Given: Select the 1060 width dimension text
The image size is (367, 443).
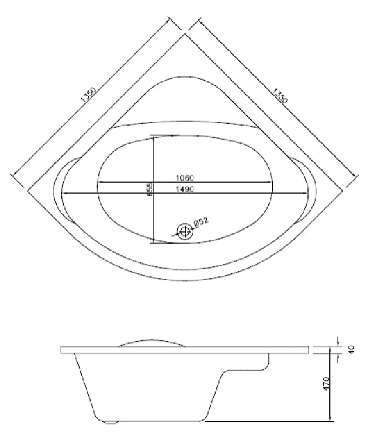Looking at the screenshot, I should [x=185, y=178].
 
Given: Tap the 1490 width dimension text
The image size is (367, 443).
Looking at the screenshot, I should [x=185, y=189].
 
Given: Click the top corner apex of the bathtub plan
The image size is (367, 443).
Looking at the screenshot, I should [x=185, y=34].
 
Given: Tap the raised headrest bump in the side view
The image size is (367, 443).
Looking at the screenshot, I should [x=150, y=341].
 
